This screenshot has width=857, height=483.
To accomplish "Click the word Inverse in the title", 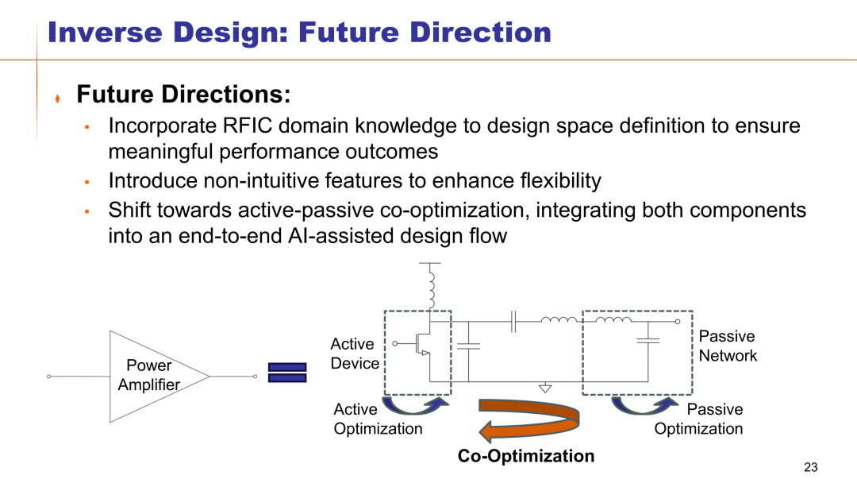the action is tap(105, 33).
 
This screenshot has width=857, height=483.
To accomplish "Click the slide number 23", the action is tap(810, 467).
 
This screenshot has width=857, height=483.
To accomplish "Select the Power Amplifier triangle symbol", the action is tap(159, 377).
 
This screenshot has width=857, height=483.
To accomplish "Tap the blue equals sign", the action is tap(287, 373).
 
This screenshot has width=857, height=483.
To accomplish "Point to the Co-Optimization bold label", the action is tap(526, 456).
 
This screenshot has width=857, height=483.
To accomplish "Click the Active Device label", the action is tap(354, 354).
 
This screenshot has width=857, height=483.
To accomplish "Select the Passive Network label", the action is tap(728, 346).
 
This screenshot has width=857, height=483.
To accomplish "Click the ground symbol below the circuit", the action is tap(545, 388).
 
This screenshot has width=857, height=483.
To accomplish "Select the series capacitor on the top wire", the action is tap(513, 322).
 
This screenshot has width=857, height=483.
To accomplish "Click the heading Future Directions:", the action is tap(183, 94).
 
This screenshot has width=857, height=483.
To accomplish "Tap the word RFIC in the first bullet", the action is tap(247, 126).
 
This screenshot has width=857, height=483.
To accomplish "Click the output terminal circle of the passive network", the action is tap(677, 322).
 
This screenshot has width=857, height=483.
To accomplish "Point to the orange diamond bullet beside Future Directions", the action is tap(57, 99).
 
